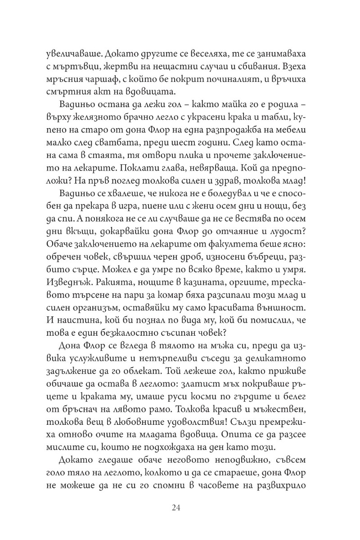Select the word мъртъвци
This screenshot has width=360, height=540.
pyautogui.click(x=79, y=66)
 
